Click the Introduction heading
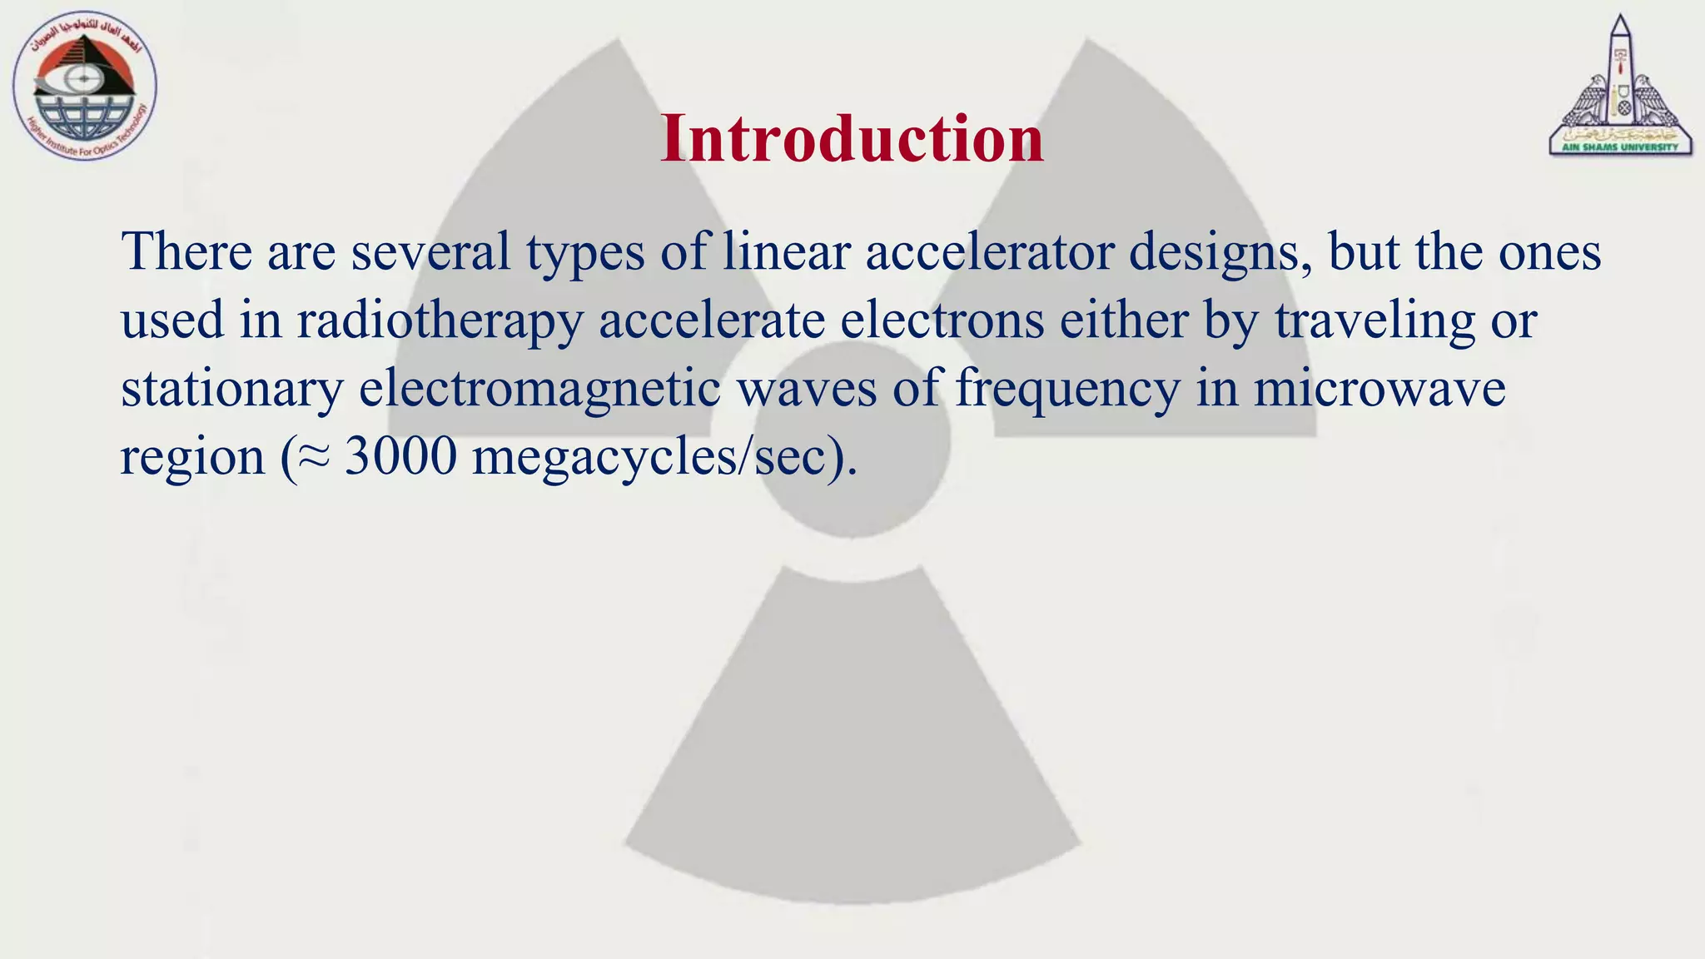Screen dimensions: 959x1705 (852, 138)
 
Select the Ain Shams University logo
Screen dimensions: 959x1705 (1620, 87)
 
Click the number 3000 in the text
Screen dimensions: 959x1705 (400, 457)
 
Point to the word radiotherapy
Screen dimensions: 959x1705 (440, 321)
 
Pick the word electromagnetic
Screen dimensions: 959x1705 (539, 389)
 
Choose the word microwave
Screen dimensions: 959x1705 (1379, 389)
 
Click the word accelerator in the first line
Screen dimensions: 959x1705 (990, 252)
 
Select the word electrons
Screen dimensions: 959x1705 (942, 320)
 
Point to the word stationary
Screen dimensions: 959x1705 (231, 390)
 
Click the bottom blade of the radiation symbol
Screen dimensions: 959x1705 (852, 749)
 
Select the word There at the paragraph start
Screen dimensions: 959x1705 (186, 252)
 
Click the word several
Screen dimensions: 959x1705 (430, 252)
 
